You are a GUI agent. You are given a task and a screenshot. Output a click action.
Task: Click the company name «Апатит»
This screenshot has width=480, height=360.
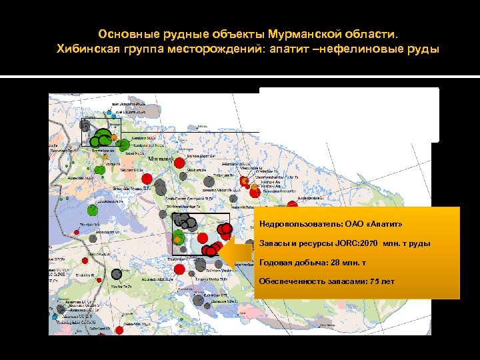tap(382, 225)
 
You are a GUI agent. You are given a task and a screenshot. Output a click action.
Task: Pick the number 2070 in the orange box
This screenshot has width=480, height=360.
tap(368, 243)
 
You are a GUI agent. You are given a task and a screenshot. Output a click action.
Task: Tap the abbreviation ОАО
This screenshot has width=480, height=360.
tap(356, 225)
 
